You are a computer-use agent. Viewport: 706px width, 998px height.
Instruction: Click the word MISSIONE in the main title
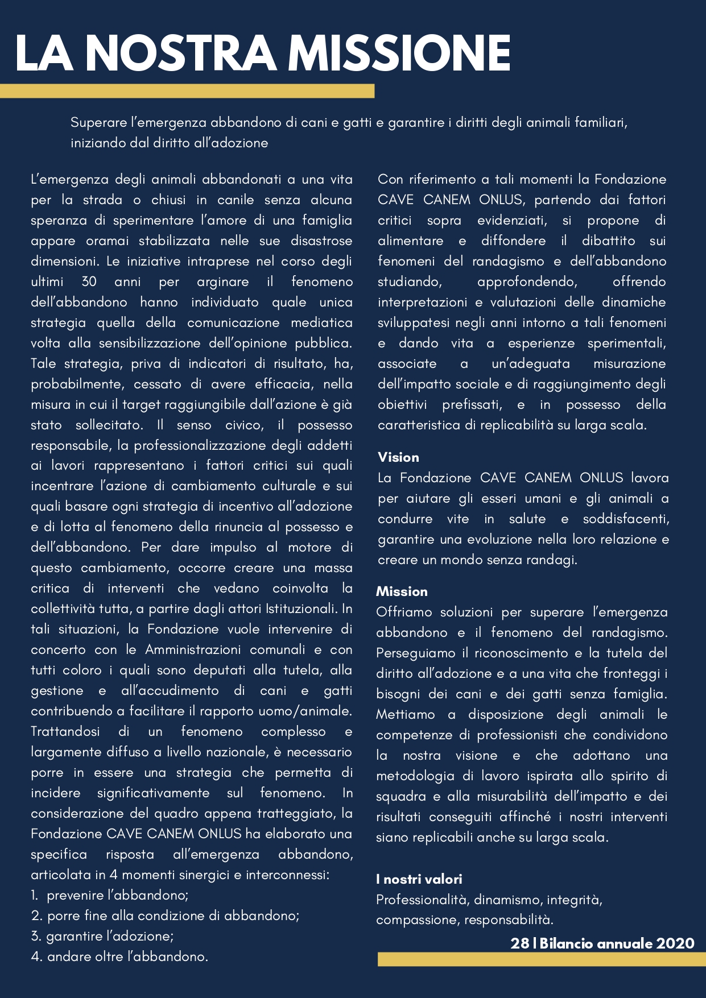(x=399, y=53)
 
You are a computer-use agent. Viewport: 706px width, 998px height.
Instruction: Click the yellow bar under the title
(x=187, y=91)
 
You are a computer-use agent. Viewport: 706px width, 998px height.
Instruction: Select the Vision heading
(x=398, y=457)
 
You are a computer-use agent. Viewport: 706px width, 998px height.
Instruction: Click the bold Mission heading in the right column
(x=402, y=591)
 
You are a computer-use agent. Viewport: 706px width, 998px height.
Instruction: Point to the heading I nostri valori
(x=419, y=879)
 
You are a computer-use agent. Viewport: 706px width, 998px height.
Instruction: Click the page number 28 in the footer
(x=519, y=943)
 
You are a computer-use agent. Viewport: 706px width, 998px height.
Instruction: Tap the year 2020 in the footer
(x=675, y=943)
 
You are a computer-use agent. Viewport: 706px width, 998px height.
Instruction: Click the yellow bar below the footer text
(x=541, y=959)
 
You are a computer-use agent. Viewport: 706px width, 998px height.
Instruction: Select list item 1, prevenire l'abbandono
(x=110, y=895)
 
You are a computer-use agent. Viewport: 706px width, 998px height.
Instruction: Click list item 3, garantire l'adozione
(x=102, y=936)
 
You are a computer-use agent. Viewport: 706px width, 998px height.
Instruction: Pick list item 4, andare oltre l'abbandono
(x=120, y=956)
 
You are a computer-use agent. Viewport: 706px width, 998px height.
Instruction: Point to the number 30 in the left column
(x=89, y=281)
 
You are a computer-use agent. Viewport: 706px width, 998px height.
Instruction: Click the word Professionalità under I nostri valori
(x=422, y=900)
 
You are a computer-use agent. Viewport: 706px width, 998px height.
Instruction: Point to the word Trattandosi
(x=65, y=731)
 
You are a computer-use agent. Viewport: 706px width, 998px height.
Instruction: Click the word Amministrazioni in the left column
(x=194, y=649)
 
